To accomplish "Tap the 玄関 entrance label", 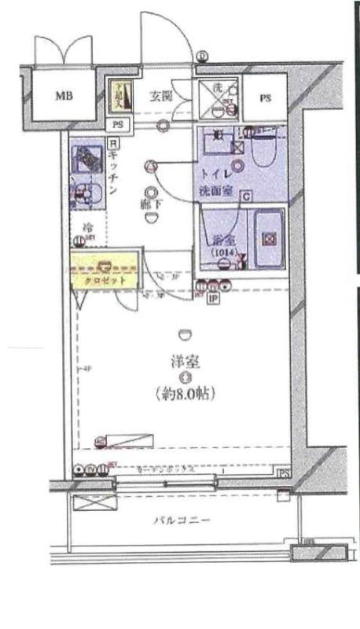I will coord(161,97).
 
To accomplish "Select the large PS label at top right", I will coord(264,98).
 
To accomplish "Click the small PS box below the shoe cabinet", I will coord(118,124).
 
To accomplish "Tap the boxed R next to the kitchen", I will coord(113,143).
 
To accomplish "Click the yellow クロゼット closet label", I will coord(103,280).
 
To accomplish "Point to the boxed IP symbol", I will coord(212,298).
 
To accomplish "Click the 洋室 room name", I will coord(186,362).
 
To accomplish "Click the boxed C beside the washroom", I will coord(246,197).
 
